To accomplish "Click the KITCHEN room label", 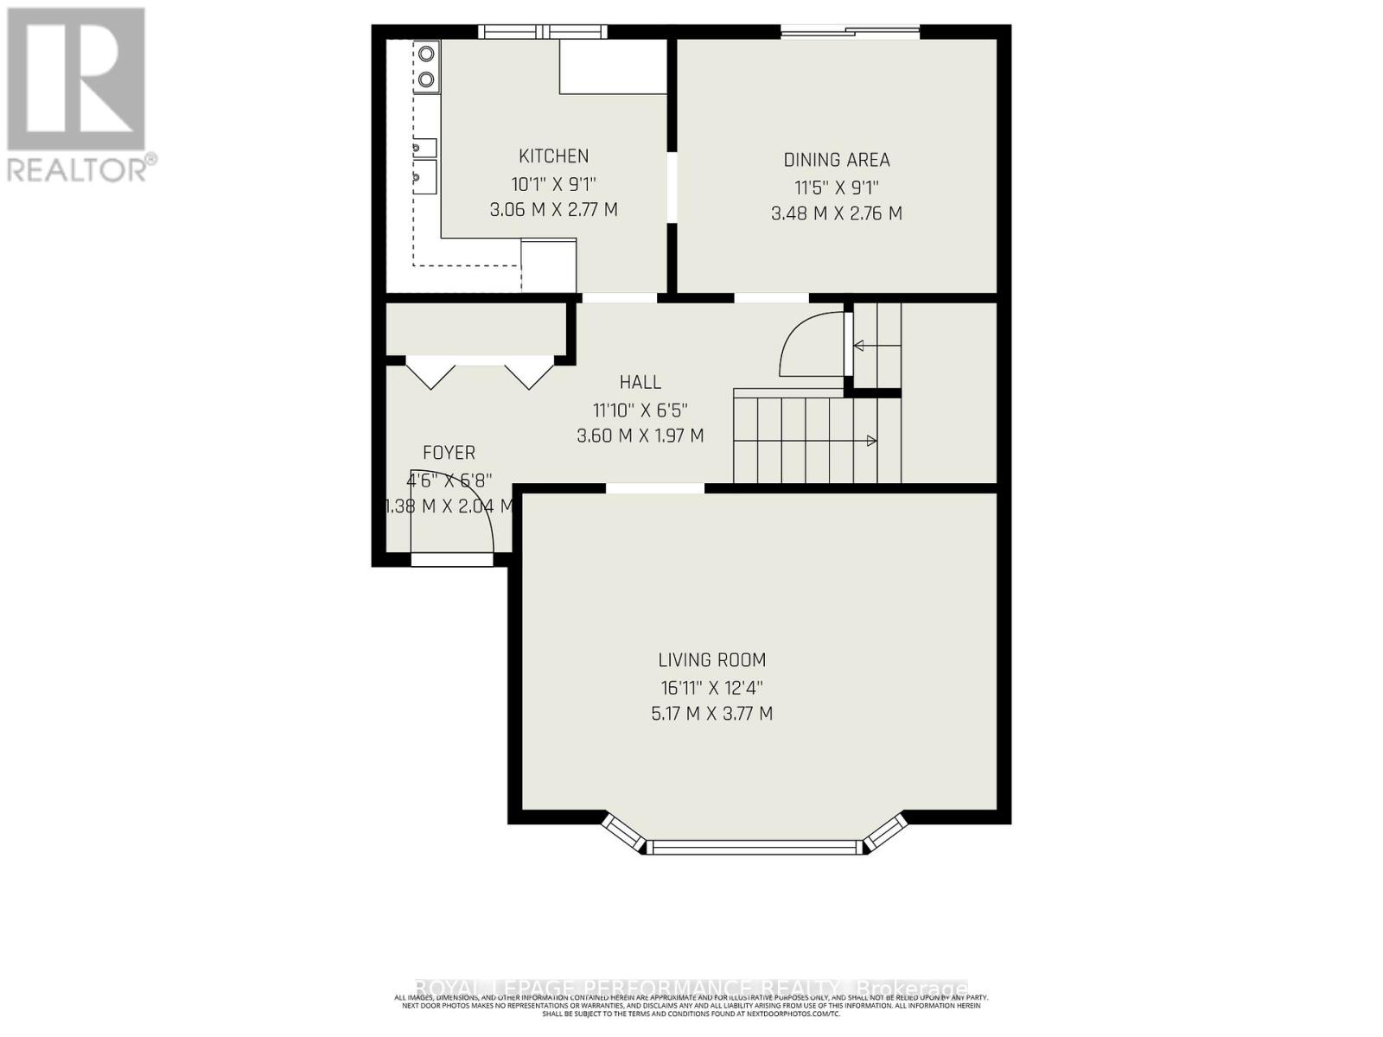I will click(x=553, y=156).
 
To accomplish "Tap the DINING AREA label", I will click(x=836, y=160).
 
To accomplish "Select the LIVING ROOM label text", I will click(x=711, y=660).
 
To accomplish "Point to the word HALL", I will click(x=640, y=382).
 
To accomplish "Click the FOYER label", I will click(x=449, y=453).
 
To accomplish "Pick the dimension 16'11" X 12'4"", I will click(x=711, y=688).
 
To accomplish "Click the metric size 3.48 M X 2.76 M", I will click(x=836, y=213).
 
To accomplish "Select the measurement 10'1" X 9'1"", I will click(x=553, y=184).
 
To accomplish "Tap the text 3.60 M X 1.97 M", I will click(x=640, y=436).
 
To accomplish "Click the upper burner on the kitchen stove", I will click(x=426, y=54).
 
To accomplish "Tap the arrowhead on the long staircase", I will click(x=871, y=442).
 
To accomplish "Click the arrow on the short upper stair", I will click(x=859, y=346).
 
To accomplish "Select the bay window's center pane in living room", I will click(x=755, y=847).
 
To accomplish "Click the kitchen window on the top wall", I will click(x=543, y=32).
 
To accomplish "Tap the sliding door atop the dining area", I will click(x=851, y=32).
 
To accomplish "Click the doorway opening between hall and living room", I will click(x=655, y=488).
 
